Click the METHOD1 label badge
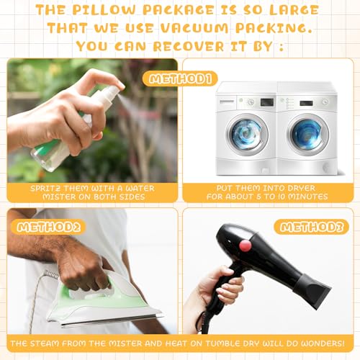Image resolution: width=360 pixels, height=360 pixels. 179,78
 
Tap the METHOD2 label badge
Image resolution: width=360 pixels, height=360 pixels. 49,227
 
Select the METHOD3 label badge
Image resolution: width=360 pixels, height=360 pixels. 311,227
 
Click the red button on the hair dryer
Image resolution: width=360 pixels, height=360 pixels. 246,245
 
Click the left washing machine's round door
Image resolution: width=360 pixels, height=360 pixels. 247,135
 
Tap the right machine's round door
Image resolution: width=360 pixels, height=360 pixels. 307,135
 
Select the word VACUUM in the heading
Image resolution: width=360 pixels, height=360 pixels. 194,28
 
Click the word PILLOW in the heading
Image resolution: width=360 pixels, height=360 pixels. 104,10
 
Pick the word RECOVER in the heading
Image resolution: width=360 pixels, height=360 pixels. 189,46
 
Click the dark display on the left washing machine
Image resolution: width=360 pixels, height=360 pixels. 267,102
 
